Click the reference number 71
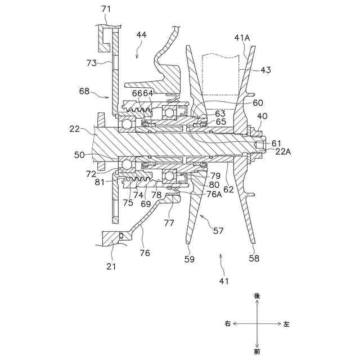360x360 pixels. [106, 9]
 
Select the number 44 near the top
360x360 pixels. [141, 35]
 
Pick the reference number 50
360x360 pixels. [79, 154]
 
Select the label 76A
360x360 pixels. [214, 195]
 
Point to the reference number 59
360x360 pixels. [190, 259]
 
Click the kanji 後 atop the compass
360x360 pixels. [257, 295]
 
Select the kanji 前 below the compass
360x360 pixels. [257, 352]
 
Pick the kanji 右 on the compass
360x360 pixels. [228, 324]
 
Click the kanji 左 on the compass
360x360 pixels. [286, 324]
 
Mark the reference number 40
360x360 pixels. [262, 116]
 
